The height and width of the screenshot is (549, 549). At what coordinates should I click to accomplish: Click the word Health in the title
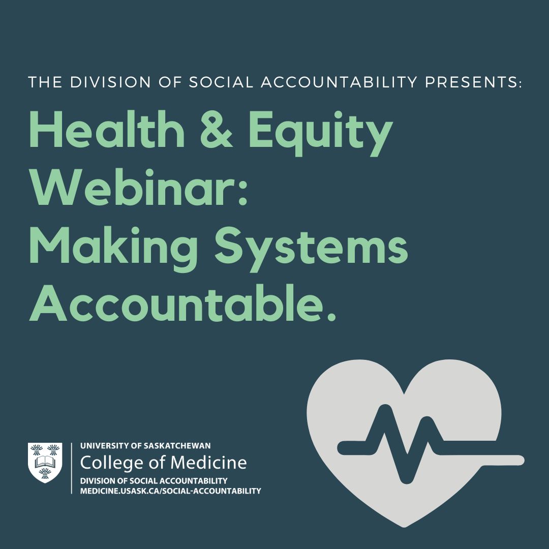pyautogui.click(x=106, y=130)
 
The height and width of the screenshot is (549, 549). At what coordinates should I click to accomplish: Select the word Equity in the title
pyautogui.click(x=321, y=133)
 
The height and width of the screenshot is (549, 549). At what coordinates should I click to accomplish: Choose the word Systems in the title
pyautogui.click(x=311, y=249)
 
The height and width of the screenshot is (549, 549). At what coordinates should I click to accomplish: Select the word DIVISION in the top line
pyautogui.click(x=110, y=82)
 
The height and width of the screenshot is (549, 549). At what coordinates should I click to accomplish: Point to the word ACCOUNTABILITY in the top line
pyautogui.click(x=339, y=82)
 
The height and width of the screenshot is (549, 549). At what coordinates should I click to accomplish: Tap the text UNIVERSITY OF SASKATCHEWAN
pyautogui.click(x=146, y=446)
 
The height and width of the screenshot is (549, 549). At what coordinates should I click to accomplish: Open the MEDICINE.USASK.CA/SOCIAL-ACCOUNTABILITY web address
pyautogui.click(x=170, y=491)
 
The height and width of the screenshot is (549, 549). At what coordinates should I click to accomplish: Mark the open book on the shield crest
pyautogui.click(x=45, y=462)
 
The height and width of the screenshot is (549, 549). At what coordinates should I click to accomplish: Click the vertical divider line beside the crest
pyautogui.click(x=72, y=468)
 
